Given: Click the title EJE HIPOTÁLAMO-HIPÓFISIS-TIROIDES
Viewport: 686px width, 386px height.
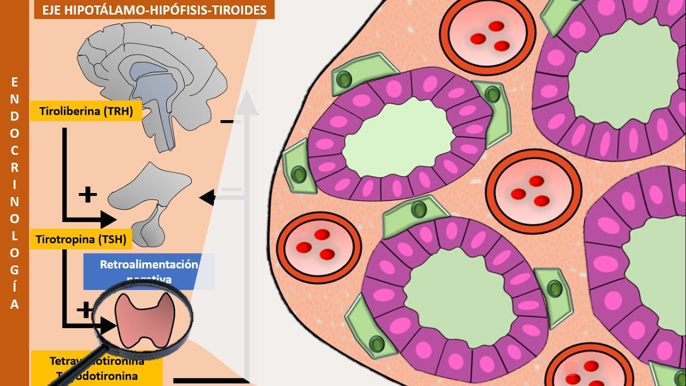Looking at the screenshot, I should pyautogui.click(x=154, y=9).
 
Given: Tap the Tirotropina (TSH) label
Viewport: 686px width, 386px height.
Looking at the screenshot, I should pyautogui.click(x=81, y=240).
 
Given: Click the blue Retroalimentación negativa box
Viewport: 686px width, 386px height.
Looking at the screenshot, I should pyautogui.click(x=148, y=271).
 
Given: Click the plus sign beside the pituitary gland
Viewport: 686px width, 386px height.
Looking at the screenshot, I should pyautogui.click(x=87, y=195).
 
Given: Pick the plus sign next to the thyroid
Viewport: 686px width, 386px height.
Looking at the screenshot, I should pyautogui.click(x=85, y=310).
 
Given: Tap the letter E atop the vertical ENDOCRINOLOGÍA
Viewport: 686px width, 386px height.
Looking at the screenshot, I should pyautogui.click(x=14, y=82).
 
